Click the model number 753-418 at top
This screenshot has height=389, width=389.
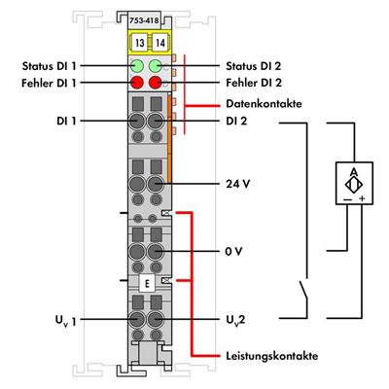(x=149, y=20)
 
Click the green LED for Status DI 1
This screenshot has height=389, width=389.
(x=139, y=67)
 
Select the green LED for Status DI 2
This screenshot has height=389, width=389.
(x=158, y=67)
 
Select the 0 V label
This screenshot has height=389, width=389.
(x=232, y=251)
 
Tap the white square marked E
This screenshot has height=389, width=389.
(x=148, y=284)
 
